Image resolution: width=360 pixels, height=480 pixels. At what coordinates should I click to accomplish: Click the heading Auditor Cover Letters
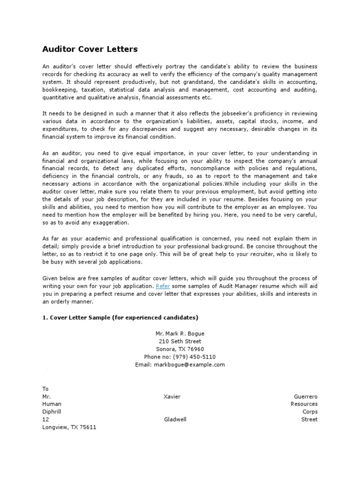[x=90, y=49]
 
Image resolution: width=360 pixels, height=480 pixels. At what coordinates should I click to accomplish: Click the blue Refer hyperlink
[x=163, y=285]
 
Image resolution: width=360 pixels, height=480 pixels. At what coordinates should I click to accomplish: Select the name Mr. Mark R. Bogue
[x=180, y=334]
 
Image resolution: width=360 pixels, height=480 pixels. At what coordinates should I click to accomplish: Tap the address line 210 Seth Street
[x=180, y=341]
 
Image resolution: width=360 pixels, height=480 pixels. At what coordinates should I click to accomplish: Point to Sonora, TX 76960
[x=180, y=349]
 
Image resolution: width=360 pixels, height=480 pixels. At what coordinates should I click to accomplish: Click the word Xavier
[x=172, y=397]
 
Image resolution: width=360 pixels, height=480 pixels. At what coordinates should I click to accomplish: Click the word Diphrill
[x=52, y=412]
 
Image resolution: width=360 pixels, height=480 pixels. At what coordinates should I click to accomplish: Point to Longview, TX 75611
[x=69, y=427]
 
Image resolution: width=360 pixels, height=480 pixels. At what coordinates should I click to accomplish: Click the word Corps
[x=310, y=412]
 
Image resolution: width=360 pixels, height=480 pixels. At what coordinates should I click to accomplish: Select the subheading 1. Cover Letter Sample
[x=120, y=317]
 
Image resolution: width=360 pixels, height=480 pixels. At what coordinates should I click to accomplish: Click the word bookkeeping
[x=59, y=90]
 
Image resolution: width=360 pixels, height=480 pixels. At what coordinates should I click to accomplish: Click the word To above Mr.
[x=45, y=389]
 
